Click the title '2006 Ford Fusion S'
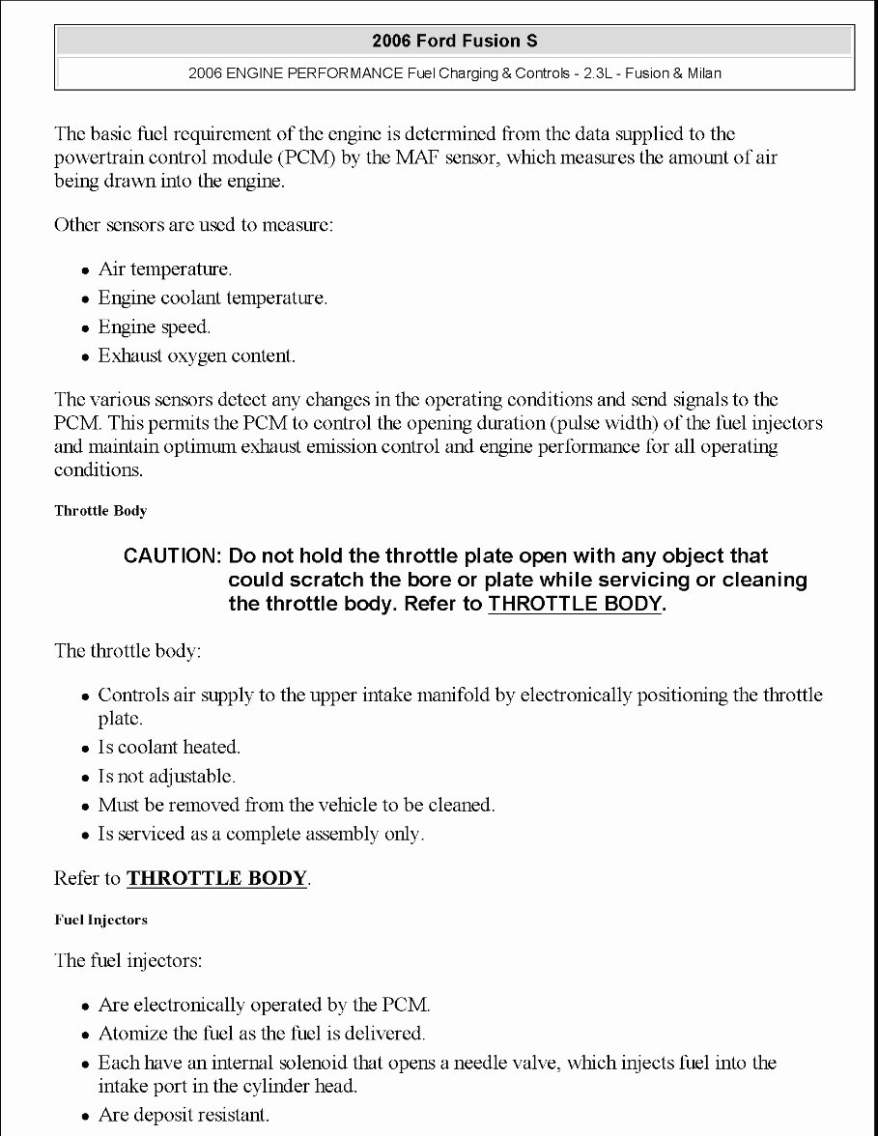[454, 41]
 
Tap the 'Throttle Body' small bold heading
[100, 511]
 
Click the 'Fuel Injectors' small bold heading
[100, 921]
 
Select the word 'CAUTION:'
[173, 556]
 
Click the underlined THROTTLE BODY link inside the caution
[575, 605]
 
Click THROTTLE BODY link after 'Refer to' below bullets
[216, 879]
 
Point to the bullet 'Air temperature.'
[164, 270]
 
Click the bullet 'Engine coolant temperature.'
[212, 298]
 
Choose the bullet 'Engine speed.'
[154, 327]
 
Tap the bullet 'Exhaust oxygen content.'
[196, 356]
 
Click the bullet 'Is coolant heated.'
[169, 748]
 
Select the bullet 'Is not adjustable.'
[166, 777]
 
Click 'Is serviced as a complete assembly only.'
[261, 835]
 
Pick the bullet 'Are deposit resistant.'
[184, 1116]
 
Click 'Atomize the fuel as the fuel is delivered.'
[261, 1035]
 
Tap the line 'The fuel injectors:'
[127, 961]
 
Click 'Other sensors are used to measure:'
[193, 226]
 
